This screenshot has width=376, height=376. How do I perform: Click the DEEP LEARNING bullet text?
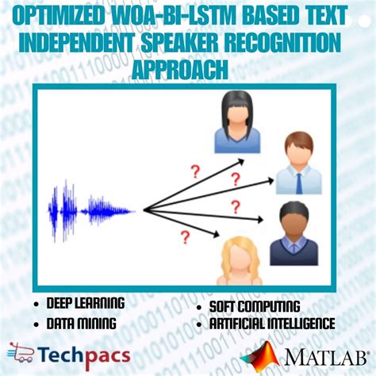click(86, 304)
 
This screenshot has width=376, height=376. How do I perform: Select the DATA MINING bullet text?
click(80, 323)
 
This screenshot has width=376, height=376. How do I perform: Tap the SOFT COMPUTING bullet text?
click(255, 306)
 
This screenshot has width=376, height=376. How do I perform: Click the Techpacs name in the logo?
click(84, 354)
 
